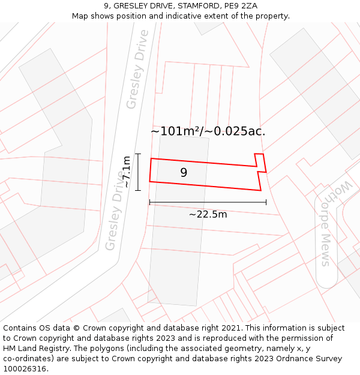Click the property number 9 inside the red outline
point(184,173)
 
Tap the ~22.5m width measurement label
point(208,214)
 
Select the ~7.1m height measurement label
point(127,172)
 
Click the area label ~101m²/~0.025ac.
point(208,131)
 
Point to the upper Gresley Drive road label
point(137,69)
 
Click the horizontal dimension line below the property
point(208,203)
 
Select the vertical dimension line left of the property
point(138,172)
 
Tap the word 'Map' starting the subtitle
point(80,16)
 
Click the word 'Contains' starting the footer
point(20,328)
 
